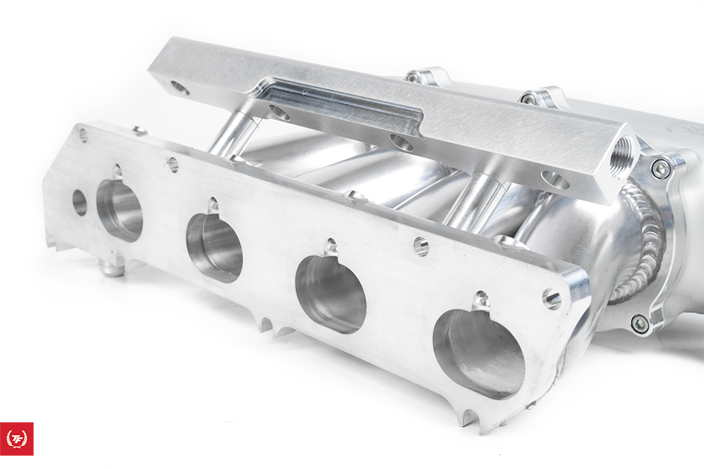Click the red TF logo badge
[x=17, y=438]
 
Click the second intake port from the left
[x=214, y=247]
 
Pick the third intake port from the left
[x=330, y=294]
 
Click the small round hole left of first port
[x=80, y=203]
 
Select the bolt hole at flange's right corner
[x=551, y=300]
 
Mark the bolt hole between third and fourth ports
[x=421, y=246]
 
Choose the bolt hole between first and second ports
[x=173, y=164]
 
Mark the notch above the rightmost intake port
[x=481, y=300]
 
